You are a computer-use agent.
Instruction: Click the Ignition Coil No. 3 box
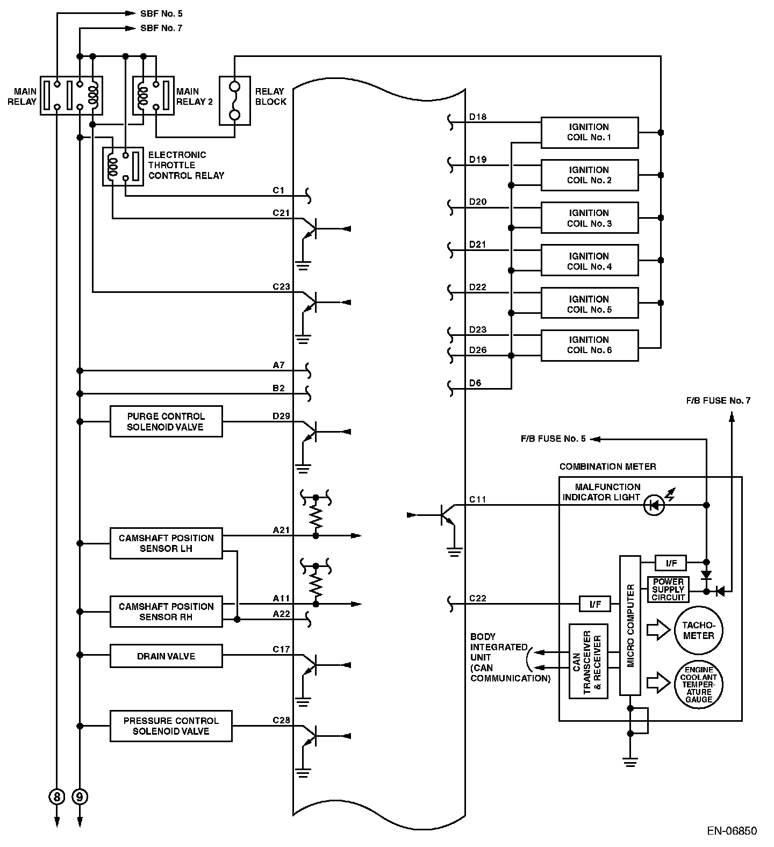coord(589,218)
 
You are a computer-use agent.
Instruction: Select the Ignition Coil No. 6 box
coord(589,345)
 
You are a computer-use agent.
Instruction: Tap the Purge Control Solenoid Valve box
coord(166,421)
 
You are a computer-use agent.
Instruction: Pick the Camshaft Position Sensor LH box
coord(166,543)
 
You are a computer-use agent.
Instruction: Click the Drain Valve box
coord(166,656)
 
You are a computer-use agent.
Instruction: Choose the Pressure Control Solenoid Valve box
coord(171,726)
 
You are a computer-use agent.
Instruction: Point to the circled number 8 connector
coord(56,796)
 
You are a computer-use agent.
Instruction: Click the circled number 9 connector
coord(80,796)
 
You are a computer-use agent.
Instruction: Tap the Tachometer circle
coord(698,630)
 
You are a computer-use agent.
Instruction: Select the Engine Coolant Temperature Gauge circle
coord(698,684)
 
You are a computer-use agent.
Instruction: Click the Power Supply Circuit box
coord(668,590)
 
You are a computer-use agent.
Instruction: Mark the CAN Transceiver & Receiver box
coord(588,661)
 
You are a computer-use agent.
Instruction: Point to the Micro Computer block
coord(630,626)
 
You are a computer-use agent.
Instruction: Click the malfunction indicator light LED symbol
coord(655,505)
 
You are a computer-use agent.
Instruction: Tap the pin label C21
coord(281,213)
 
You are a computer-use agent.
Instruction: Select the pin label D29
coord(281,416)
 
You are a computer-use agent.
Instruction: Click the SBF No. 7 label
coord(161,28)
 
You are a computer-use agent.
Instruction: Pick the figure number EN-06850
coord(732,831)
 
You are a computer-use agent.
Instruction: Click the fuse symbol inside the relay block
coord(234,101)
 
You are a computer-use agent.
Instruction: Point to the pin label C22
coord(477,598)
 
